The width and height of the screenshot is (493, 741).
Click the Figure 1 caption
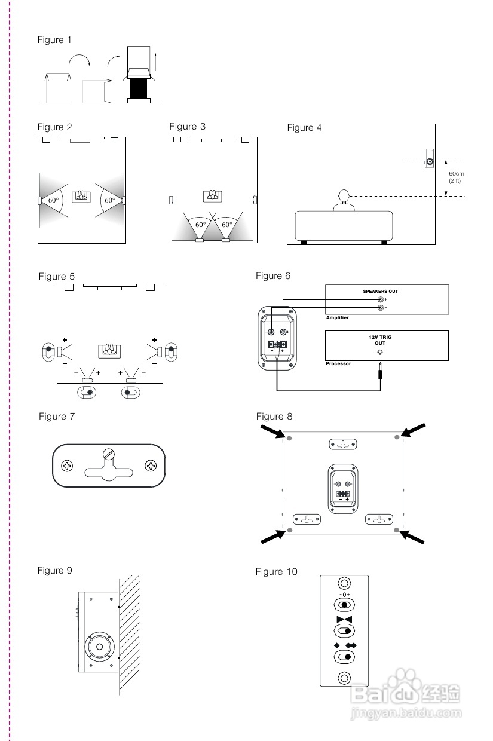point(54,40)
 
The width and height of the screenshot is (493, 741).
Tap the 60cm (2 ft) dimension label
point(457,177)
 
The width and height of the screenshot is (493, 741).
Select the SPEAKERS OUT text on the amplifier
point(380,292)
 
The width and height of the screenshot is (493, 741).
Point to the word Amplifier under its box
point(338,318)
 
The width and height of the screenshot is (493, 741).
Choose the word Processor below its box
point(338,363)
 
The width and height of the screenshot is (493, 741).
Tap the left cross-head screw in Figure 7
point(68,465)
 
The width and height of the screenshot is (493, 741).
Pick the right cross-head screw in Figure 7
point(149,465)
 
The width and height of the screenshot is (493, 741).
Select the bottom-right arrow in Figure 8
point(414,537)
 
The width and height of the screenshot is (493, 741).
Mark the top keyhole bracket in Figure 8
point(343,444)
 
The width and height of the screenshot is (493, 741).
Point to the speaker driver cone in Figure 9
point(100,647)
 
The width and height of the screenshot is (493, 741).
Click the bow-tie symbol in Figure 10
point(344,620)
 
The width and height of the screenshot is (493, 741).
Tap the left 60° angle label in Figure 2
point(54,200)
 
